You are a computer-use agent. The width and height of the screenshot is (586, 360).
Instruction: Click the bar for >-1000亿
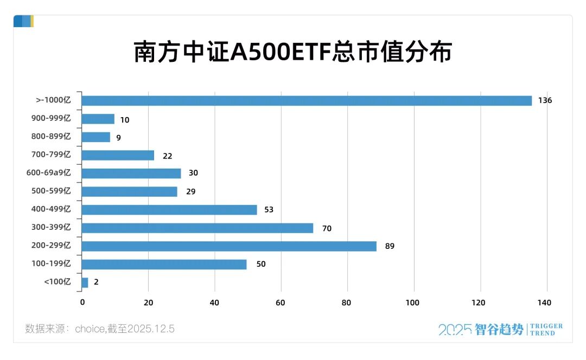click(307, 101)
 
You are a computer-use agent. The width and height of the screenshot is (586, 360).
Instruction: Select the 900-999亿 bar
click(98, 119)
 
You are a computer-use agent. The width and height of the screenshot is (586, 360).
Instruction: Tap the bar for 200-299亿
click(228, 246)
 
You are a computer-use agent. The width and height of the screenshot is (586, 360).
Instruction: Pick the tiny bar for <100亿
click(85, 282)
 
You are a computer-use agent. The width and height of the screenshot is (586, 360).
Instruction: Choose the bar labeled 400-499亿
click(169, 210)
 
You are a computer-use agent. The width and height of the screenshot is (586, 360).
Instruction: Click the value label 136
click(545, 101)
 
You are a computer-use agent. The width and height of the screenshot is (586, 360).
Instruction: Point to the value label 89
click(390, 246)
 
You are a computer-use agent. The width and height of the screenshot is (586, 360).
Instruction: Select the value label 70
click(327, 228)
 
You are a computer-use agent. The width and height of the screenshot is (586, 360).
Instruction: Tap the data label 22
click(167, 156)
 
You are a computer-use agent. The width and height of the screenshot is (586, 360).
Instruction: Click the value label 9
click(118, 138)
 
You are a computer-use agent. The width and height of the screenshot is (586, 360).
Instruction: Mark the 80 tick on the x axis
click(347, 303)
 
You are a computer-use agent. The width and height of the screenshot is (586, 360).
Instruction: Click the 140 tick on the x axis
click(544, 303)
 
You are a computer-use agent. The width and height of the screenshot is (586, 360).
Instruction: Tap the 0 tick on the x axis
click(82, 303)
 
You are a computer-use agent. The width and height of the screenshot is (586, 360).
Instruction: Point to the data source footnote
click(100, 329)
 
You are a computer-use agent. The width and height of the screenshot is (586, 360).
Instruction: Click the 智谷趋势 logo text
click(499, 329)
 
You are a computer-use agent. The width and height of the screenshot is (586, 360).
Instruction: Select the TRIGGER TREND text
click(546, 330)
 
